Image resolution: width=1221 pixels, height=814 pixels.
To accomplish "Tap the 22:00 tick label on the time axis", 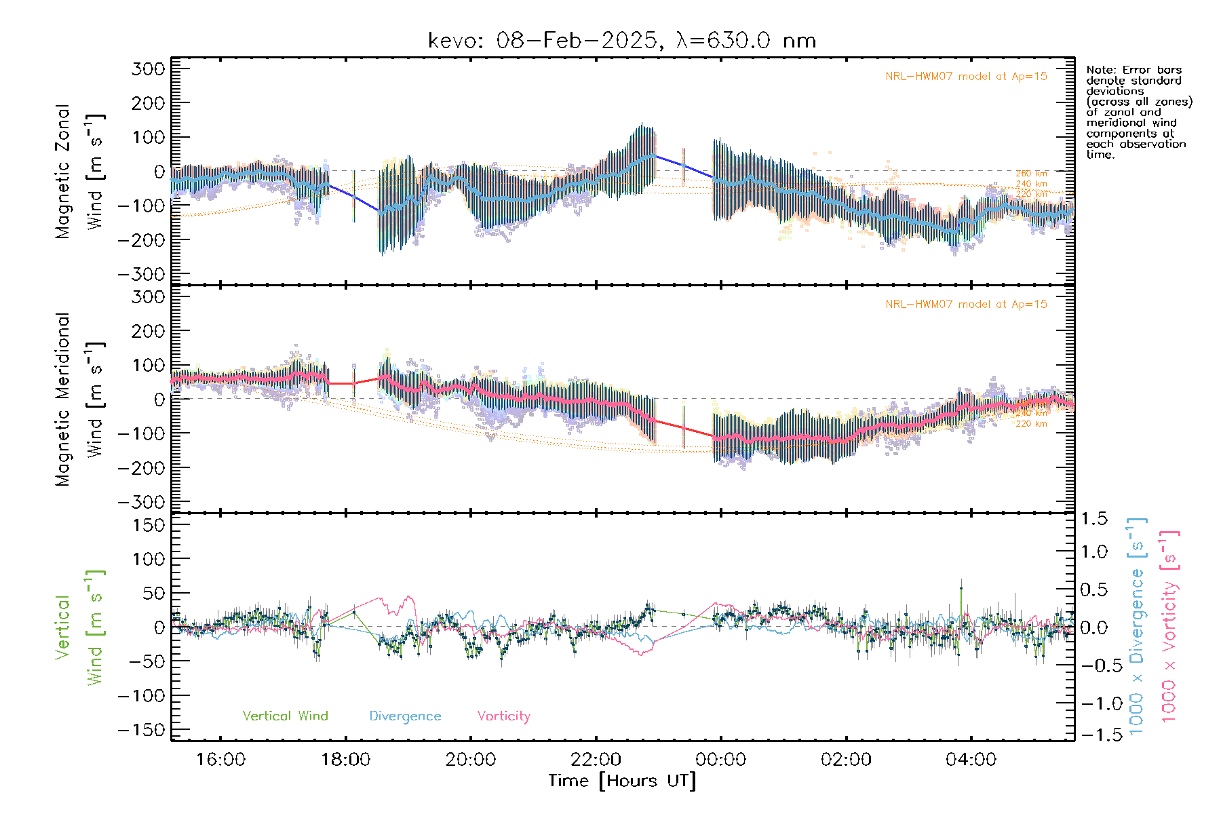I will tap(596, 759).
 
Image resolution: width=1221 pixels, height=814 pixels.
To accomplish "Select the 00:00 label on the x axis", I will tap(720, 759).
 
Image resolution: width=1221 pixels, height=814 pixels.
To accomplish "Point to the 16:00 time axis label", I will tap(220, 759).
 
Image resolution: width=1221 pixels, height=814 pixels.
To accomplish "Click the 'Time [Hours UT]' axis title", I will tap(622, 781).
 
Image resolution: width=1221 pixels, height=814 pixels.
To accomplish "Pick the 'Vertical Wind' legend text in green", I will tap(285, 716).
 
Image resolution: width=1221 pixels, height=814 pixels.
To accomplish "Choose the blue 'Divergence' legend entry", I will tap(405, 716).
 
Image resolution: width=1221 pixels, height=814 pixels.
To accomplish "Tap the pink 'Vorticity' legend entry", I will tap(503, 716).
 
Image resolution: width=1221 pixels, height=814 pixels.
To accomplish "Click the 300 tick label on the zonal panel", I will tap(149, 69).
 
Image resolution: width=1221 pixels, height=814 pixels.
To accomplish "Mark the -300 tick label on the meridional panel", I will tap(142, 502).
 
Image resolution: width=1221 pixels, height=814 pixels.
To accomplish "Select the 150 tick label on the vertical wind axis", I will tap(149, 525).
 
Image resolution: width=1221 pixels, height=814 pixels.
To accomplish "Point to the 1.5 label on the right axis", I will tap(1093, 519).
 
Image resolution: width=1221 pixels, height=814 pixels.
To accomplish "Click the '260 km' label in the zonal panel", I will tap(1031, 174).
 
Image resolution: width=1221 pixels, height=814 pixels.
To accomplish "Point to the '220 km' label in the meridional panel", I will tap(1031, 424).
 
